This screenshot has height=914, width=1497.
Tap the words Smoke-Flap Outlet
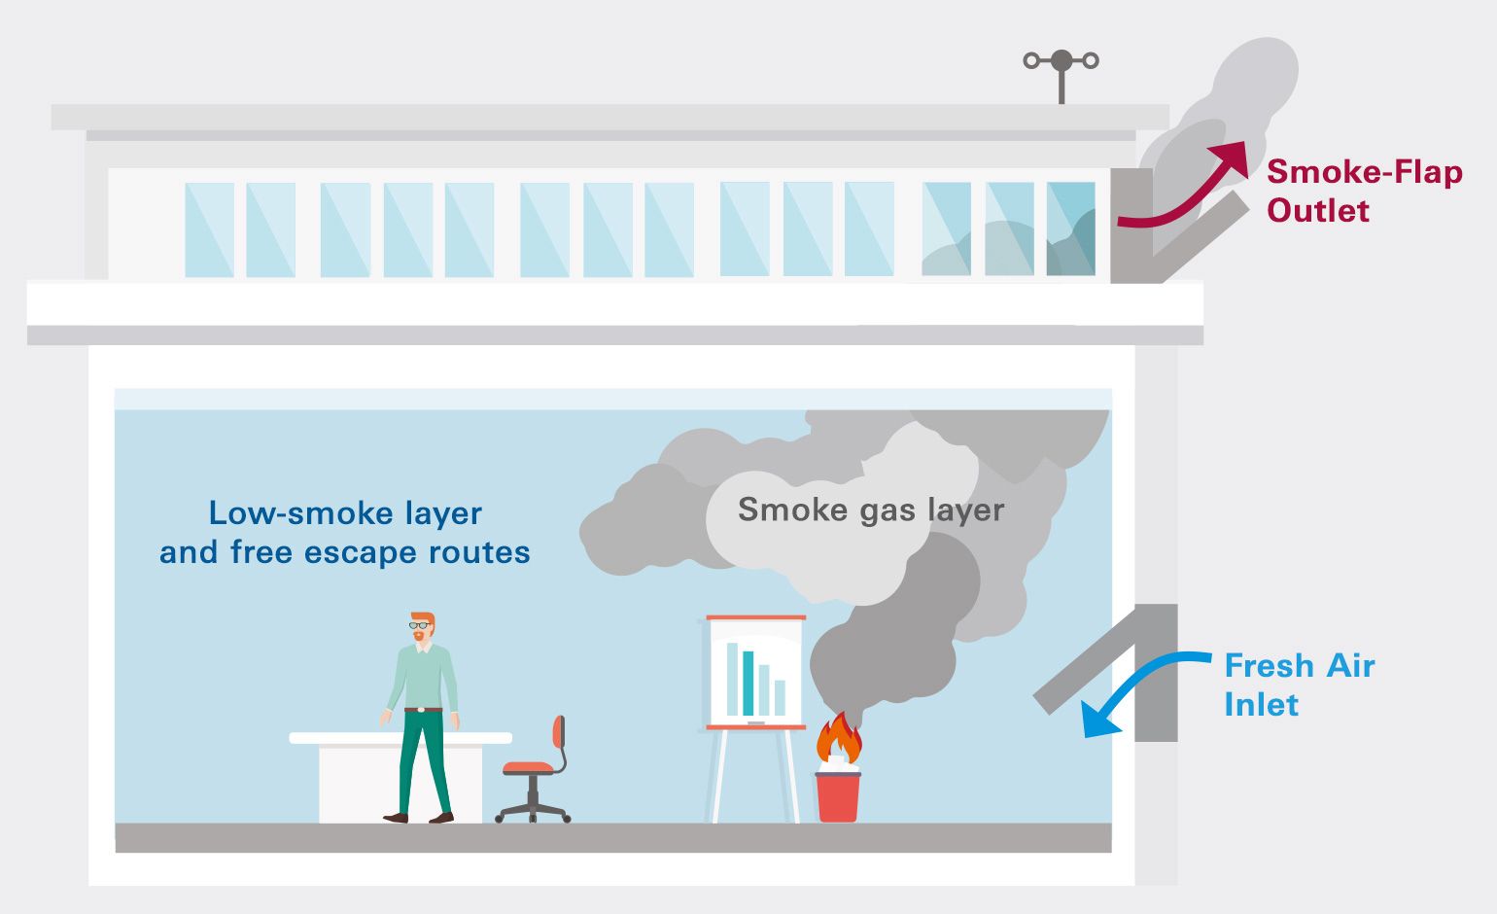1364,191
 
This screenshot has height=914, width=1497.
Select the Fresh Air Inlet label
1299,685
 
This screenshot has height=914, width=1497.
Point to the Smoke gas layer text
870,510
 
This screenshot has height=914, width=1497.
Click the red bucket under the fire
837,797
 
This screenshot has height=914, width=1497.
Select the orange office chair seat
528,768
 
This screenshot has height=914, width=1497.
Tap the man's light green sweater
423,676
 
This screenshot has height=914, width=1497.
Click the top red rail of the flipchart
755,617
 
